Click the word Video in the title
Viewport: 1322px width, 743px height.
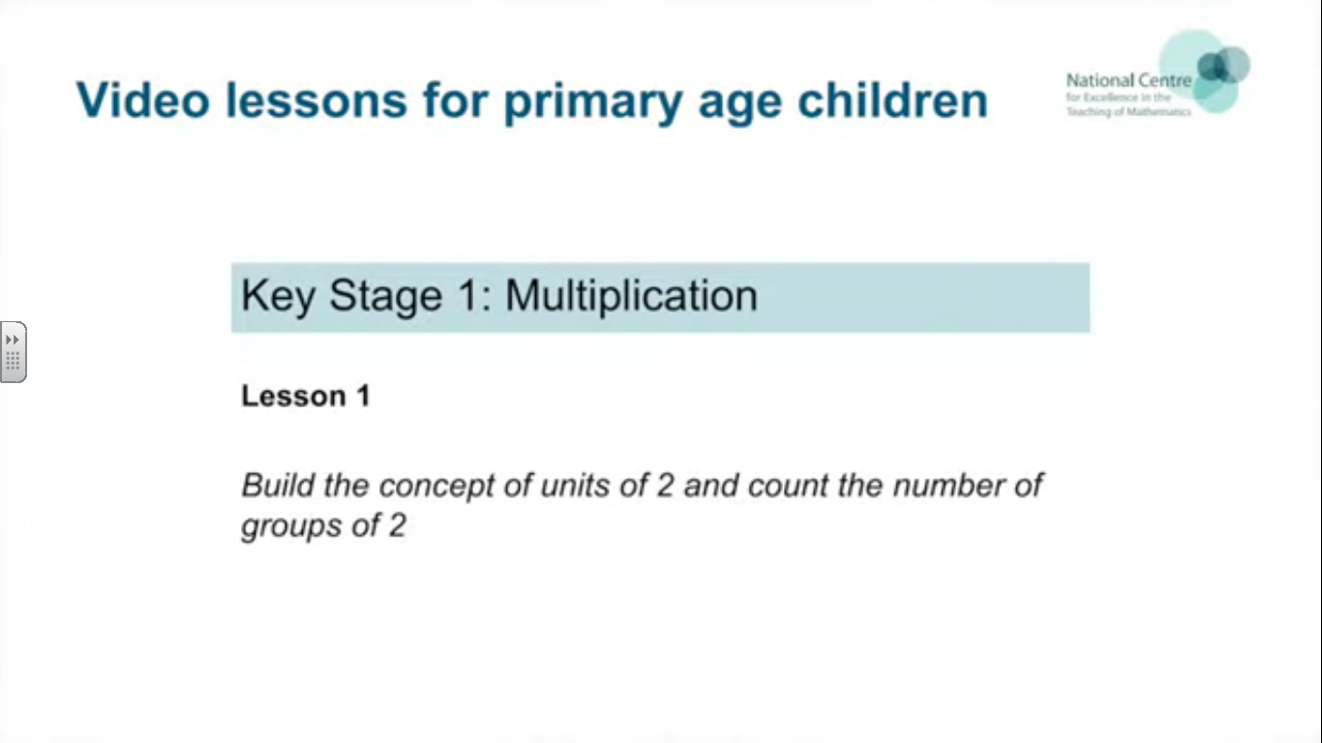(x=143, y=100)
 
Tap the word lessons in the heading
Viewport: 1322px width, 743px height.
(x=316, y=100)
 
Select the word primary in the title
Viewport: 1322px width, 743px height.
(x=592, y=104)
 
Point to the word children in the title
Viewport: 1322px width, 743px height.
(x=893, y=100)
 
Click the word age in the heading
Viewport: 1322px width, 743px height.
(x=740, y=106)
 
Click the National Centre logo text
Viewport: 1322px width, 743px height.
(x=1128, y=95)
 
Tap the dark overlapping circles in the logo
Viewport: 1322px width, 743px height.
(x=1223, y=65)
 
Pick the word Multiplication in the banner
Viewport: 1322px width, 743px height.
(x=632, y=295)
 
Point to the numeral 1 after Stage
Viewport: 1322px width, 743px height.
(x=468, y=294)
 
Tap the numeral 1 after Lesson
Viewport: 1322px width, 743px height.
(x=364, y=396)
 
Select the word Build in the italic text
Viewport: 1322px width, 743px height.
(x=277, y=485)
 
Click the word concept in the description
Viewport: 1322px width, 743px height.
(x=436, y=488)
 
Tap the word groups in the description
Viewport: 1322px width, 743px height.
(x=291, y=526)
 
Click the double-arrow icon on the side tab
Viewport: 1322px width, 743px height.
(x=12, y=340)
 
